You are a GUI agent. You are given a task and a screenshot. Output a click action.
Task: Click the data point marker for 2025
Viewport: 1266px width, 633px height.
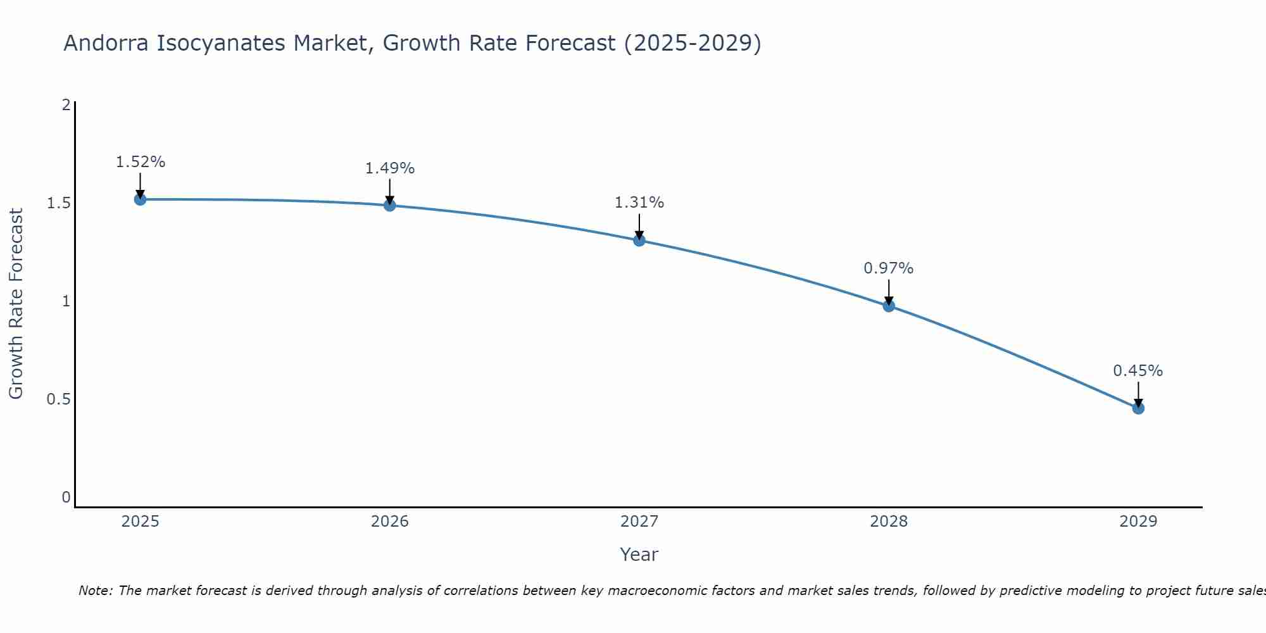coord(141,199)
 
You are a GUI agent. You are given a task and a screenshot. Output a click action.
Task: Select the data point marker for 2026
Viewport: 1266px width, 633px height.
coord(390,205)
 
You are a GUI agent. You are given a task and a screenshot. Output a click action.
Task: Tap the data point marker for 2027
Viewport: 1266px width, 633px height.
coord(639,241)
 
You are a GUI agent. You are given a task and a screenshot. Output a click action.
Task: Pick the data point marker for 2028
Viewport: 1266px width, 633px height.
coord(889,306)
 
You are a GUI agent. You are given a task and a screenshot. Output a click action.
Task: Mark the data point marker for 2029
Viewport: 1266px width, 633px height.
coord(1138,408)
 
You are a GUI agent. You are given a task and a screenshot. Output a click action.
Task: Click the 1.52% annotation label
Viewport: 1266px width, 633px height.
coord(141,162)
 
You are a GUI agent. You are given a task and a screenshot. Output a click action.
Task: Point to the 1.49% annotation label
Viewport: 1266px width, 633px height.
coord(390,168)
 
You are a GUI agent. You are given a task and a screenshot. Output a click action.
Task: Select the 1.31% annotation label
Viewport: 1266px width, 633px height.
coord(639,203)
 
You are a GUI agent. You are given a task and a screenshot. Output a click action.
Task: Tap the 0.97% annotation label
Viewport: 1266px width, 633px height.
coord(889,268)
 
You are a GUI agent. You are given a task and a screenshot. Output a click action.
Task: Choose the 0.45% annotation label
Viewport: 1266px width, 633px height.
coord(1138,371)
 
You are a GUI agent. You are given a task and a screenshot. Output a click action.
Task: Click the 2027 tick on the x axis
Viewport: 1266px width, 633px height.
coord(639,522)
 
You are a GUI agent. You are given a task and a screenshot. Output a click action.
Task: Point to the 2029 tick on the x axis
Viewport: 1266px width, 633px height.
coord(1138,522)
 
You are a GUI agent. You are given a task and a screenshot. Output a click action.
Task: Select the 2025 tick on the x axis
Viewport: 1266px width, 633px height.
coord(141,522)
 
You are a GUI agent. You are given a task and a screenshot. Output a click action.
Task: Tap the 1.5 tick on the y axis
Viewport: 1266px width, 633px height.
coord(58,203)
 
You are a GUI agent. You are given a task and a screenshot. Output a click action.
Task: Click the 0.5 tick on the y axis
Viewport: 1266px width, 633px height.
coord(58,399)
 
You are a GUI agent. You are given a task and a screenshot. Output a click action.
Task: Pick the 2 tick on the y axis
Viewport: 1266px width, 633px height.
coord(66,105)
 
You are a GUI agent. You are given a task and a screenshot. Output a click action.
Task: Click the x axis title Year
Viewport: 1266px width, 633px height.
coord(639,555)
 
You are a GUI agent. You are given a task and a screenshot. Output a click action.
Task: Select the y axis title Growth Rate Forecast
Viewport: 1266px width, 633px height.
coord(16,304)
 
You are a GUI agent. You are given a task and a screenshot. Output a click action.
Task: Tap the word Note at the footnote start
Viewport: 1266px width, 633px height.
coord(95,591)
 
